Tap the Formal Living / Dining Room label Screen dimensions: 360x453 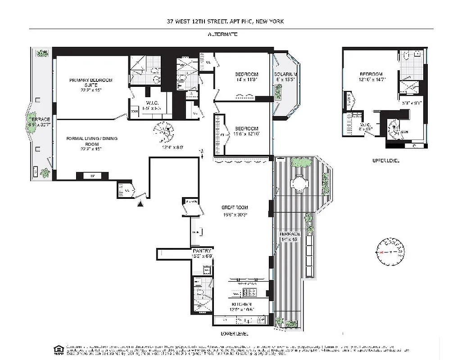pos(86,141)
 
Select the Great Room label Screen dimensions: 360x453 pos(235,210)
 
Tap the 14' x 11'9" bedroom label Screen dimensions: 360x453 pos(246,76)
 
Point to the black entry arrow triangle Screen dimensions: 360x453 pos(141,204)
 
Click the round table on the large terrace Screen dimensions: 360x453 pos(299,184)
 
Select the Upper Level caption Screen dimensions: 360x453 pos(385,161)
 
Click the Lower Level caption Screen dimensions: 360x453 pos(234,334)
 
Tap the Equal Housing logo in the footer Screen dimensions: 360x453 pos(58,350)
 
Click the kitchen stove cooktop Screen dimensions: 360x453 pos(249,293)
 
